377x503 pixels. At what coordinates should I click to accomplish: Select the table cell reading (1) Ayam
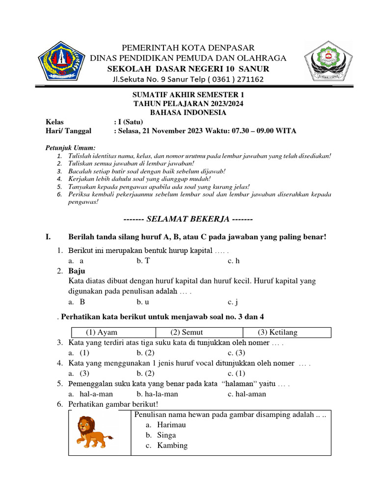[x=102, y=333]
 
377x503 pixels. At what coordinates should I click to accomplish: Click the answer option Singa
[x=166, y=435]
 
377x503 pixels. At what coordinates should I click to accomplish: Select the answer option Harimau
[x=172, y=425]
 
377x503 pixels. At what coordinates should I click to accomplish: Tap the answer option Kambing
[x=172, y=446]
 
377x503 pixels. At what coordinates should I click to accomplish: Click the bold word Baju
[x=77, y=271]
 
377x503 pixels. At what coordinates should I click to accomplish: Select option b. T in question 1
[x=143, y=261]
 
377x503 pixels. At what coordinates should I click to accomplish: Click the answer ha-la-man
[x=161, y=394]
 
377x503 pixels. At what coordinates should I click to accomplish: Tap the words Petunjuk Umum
[x=70, y=148]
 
